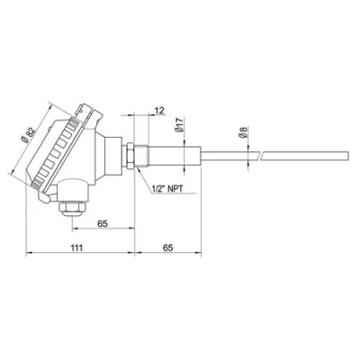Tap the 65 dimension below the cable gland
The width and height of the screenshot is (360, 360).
103,219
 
